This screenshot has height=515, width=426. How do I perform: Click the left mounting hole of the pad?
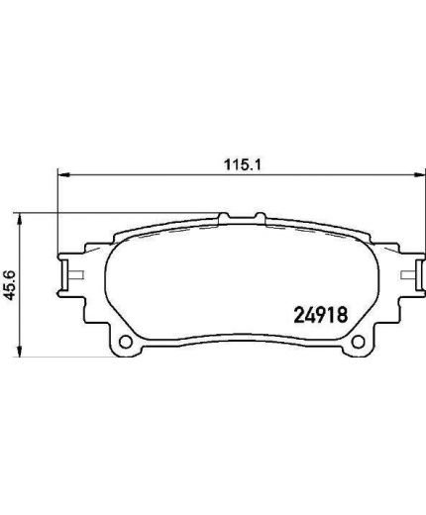tap(126, 346)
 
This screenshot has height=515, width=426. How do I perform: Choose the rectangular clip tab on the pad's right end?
tap(405, 270)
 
